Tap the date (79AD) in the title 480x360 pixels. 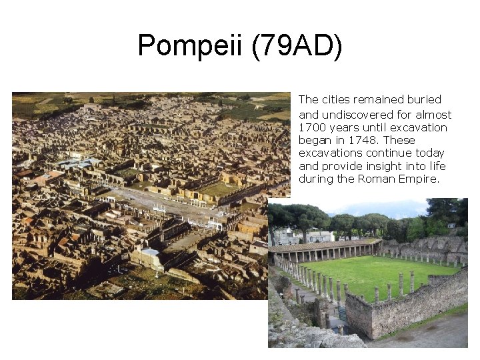297,47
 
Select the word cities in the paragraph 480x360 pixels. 335,99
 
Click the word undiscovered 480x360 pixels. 357,115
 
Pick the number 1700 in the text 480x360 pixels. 311,127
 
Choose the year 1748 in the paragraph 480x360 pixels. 363,140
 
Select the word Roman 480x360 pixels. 389,179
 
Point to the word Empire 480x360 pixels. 422,179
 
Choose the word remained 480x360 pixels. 381,99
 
